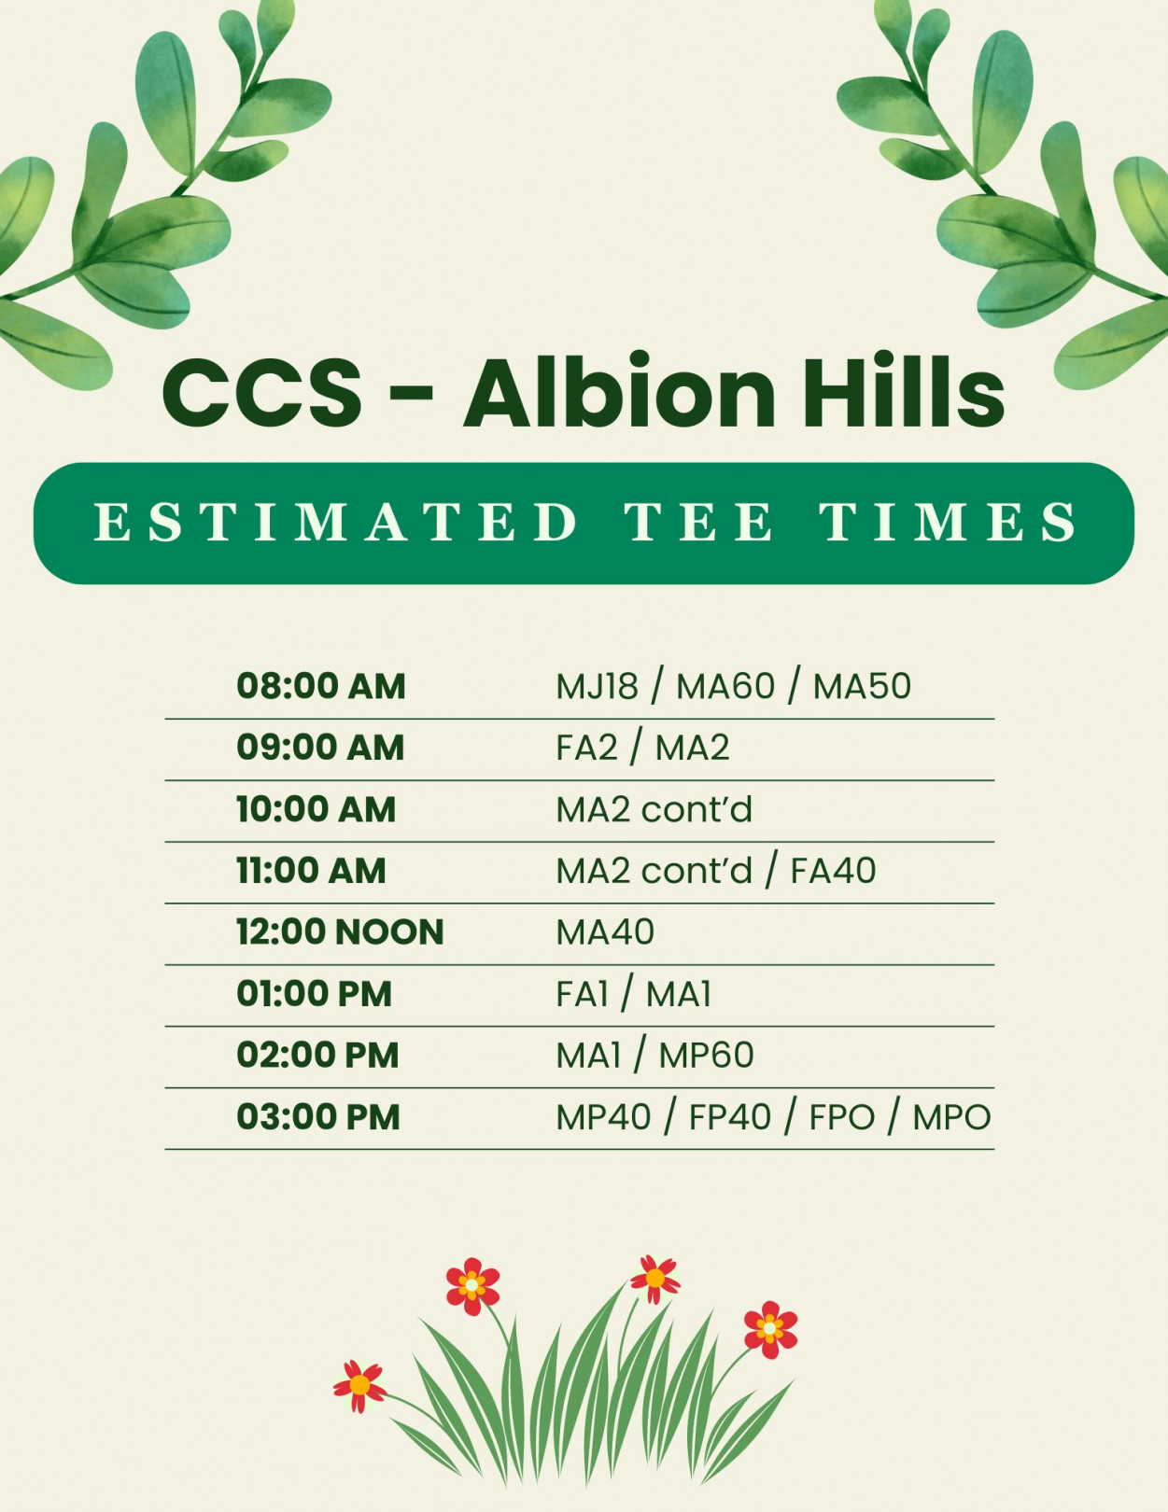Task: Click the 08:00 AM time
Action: [x=321, y=686]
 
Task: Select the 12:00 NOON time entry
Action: [x=341, y=931]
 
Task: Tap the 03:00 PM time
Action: [x=318, y=1117]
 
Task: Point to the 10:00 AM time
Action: [x=316, y=809]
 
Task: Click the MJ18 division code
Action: [x=597, y=686]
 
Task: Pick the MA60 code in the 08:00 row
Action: [x=725, y=686]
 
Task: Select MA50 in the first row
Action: [x=862, y=686]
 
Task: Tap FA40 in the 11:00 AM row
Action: [x=833, y=871]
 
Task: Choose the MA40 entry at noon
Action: [x=605, y=931]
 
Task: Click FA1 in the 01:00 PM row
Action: [x=582, y=994]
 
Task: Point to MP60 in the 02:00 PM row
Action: [x=706, y=1055]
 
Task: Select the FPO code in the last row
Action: [x=841, y=1117]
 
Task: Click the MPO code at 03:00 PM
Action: [x=951, y=1117]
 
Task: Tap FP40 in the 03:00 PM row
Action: [x=729, y=1117]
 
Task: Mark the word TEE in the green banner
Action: [x=698, y=522]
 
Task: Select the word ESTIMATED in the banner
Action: [x=335, y=522]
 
